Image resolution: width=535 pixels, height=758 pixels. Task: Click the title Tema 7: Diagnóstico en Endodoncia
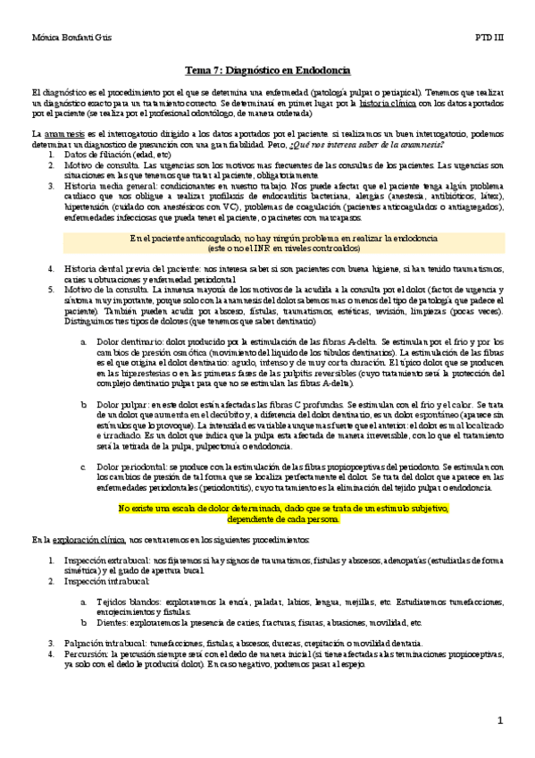pos(267,70)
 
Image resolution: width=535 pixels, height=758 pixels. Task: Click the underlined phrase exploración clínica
pos(76,541)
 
